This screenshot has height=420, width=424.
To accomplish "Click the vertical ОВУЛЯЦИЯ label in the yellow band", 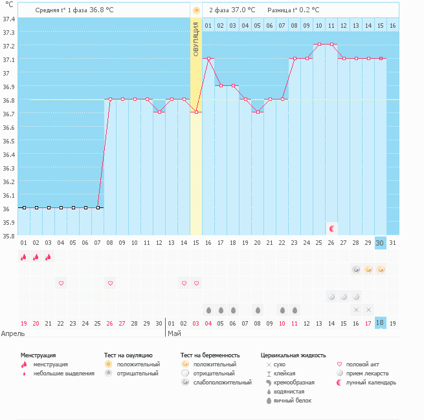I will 195,40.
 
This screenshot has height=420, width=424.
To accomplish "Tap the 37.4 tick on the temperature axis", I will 9,19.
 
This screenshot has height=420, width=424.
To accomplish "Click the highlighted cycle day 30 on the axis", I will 380,242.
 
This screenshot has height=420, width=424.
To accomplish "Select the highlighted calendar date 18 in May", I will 380,322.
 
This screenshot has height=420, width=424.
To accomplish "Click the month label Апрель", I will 14,334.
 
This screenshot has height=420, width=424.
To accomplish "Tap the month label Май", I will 174,334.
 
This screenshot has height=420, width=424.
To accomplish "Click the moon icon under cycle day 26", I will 331,228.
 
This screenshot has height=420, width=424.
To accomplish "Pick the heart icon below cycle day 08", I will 110,283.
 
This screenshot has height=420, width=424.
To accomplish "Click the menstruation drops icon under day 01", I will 23,257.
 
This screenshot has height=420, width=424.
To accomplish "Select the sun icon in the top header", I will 195,11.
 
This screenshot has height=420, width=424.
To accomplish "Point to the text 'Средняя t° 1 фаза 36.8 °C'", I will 74,11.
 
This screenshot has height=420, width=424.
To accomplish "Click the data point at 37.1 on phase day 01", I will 208,59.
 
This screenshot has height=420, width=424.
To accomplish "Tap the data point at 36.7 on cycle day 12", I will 159,112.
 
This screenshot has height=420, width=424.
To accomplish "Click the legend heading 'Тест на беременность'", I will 210,355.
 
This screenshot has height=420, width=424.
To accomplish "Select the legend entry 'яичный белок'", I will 293,401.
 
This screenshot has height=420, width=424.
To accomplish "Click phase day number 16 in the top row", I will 392,25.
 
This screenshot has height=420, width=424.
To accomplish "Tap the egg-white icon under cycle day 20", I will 258,310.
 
